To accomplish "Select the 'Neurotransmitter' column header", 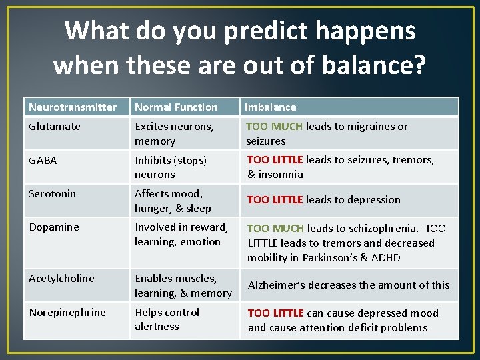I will pos(73,107).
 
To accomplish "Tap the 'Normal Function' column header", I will pos(176,107).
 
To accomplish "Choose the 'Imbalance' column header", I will pos(271,107).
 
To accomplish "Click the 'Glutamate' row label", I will pos(55,126).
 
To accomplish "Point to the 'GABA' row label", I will pos(43,160).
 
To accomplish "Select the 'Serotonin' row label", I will pos(53,193).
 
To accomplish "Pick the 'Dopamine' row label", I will pos(54,227).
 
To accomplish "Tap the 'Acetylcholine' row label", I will pos(61,278).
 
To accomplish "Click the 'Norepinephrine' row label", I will pos(67,312).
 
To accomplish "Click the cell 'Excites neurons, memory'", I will pos(174,133).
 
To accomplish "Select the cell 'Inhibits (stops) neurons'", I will pos(171,167).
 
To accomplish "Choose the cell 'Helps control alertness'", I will pos(167,319).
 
